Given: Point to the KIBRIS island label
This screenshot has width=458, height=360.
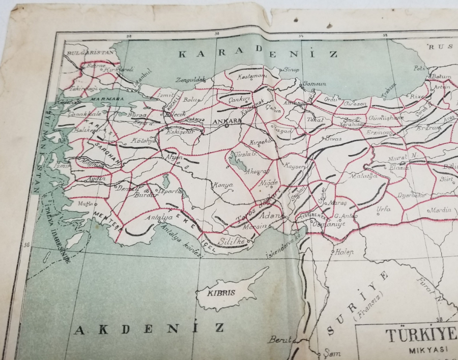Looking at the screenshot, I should [221, 293].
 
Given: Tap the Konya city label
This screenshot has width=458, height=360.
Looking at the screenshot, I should [222, 185].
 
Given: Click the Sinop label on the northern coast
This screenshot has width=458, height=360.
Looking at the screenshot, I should [291, 70].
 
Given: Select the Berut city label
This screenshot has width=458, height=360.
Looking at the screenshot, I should [279, 339].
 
